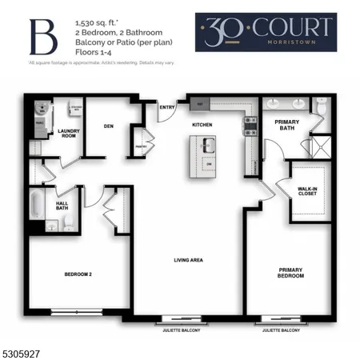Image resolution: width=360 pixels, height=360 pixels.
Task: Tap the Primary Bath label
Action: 287,126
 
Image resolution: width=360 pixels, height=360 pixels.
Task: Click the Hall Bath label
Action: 62,206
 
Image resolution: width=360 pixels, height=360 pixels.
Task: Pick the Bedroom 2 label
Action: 79,274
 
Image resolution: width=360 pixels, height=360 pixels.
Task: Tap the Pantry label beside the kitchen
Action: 142,147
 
